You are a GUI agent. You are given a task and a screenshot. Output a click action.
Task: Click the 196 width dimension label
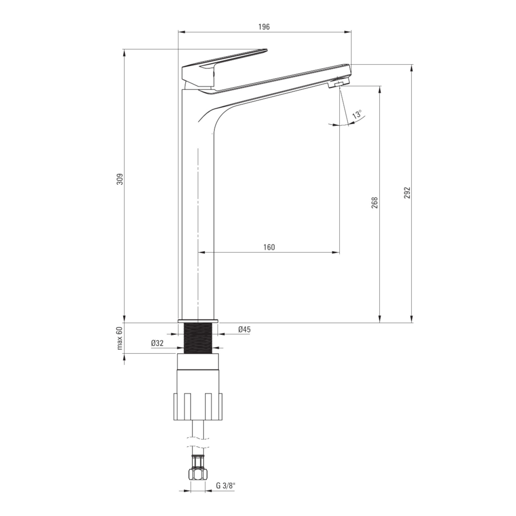[264, 27]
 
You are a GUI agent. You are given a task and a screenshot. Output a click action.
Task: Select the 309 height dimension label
[120, 179]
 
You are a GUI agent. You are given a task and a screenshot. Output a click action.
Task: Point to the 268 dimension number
[375, 203]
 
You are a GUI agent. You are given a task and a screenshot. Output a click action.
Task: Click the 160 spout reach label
[269, 247]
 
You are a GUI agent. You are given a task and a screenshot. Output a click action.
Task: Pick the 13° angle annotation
[357, 114]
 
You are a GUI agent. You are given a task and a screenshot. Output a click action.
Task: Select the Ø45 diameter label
[244, 329]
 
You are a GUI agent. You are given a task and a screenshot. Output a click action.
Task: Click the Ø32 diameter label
[157, 343]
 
